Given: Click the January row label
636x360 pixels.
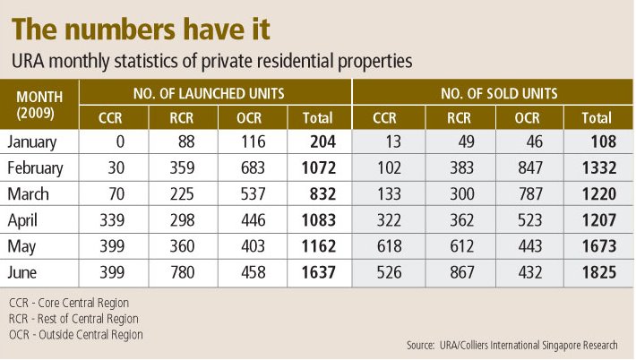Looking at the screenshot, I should (32, 141).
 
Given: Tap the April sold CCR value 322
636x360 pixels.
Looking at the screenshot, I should (385, 220).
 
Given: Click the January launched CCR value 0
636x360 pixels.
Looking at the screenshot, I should (118, 141).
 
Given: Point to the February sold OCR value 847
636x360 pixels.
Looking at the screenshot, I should (527, 167).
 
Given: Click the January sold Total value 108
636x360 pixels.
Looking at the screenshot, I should (597, 141).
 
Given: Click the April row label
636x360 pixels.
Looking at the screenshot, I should (24, 220).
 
